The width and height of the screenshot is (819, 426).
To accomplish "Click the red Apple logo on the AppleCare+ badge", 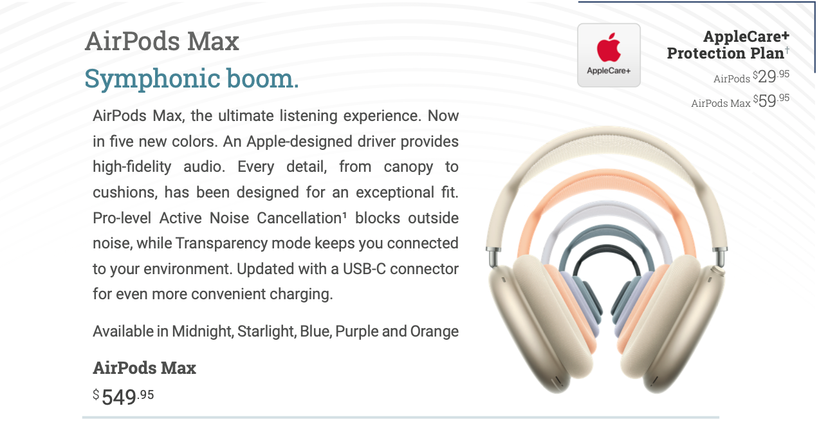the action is [609, 47].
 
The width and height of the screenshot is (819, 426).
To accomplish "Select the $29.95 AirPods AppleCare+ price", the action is [771, 77].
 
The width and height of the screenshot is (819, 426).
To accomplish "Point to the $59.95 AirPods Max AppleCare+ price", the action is [771, 100].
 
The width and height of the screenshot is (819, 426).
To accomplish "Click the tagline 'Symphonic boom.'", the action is [192, 79].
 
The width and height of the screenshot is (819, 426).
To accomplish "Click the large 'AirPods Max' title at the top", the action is [162, 41].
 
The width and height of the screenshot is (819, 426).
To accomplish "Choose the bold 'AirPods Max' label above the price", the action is [144, 368].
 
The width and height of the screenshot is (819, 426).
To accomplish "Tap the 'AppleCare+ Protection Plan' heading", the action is [728, 44].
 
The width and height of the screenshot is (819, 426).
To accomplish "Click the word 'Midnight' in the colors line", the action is [203, 331].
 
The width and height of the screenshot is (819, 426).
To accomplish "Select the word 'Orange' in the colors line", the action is [434, 332].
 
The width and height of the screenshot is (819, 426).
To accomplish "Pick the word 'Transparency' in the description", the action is [221, 243].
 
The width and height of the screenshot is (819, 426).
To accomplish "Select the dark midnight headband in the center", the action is [606, 250].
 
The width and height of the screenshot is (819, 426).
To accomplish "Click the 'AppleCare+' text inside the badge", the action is [609, 71].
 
